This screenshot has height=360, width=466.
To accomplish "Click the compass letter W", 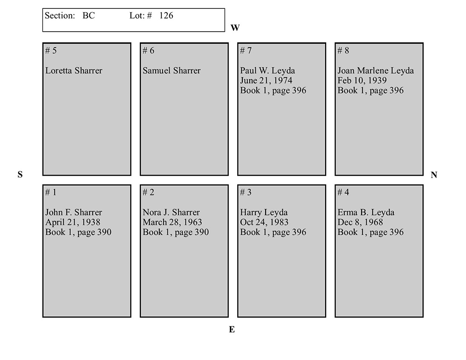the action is point(235,27).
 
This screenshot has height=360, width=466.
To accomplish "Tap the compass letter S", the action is point(20,174).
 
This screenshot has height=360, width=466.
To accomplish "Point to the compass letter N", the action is point(433,175).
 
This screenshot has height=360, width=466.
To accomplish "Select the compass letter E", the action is point(232,329).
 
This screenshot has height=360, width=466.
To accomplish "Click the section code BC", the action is point(89,15).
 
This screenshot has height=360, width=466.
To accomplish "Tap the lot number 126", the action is point(166,15).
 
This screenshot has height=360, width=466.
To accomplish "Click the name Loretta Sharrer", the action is point(74,71).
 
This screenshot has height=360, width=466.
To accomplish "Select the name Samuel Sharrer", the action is point(171,71).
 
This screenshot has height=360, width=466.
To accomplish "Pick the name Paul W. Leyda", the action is point(267,71).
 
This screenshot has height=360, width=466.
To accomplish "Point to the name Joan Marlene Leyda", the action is point(376,71).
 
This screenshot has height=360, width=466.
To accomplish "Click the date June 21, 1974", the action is point(266,81).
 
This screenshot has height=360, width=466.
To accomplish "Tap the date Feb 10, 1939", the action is point(362,81).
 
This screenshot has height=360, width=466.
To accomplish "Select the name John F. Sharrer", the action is point(74,212).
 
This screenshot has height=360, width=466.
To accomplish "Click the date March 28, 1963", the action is point(172,222).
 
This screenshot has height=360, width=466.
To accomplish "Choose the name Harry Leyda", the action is point(264,212).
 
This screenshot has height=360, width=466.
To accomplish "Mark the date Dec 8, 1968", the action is point(360,222).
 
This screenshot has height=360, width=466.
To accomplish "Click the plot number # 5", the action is point(51,50).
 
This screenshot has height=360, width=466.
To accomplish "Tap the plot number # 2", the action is point(148,192).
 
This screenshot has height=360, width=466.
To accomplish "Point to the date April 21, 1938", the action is point(73,222).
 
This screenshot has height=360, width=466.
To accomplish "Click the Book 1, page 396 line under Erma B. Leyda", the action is point(370,232).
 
